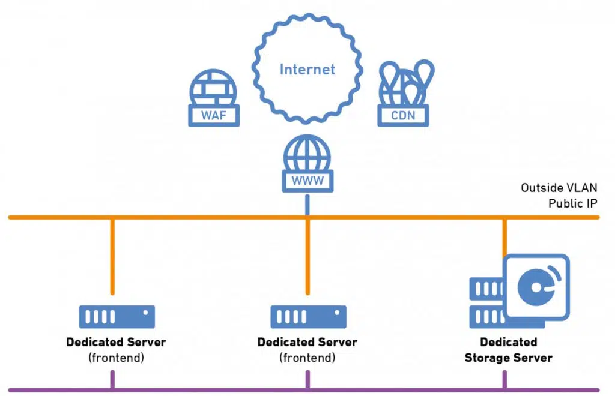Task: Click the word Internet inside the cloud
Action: [x=307, y=70]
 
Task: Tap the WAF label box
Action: [x=214, y=116]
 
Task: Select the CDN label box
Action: [x=403, y=116]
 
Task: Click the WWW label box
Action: [x=307, y=181]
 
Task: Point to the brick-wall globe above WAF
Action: [x=213, y=88]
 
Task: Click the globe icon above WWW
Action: [x=307, y=153]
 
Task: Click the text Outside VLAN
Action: [x=559, y=188]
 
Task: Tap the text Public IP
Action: [x=572, y=203]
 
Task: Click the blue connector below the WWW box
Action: [x=307, y=205]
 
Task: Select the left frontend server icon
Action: [x=117, y=317]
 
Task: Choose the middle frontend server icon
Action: [x=308, y=317]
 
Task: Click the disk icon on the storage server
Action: [x=536, y=287]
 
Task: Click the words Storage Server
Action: [x=508, y=358]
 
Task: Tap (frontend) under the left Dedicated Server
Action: [x=116, y=358]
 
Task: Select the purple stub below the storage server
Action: [x=504, y=380]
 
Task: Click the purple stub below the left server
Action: [x=112, y=380]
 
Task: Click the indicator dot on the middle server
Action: [x=337, y=313]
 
